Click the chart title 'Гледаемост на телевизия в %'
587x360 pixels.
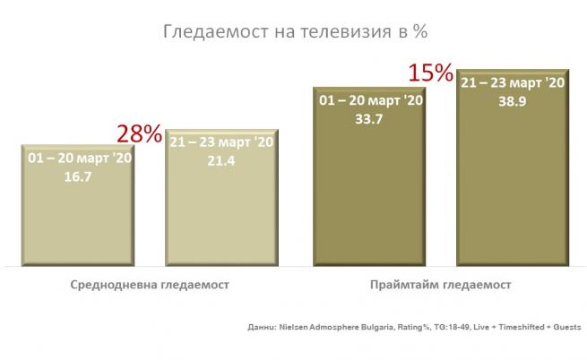click(293, 33)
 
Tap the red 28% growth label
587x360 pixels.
click(139, 135)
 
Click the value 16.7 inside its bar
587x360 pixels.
click(79, 177)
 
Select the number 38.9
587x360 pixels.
click(513, 103)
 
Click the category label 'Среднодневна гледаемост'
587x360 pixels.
click(150, 285)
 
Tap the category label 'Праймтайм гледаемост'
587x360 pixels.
click(440, 285)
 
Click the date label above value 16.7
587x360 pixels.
click(79, 159)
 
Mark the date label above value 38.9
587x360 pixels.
click(513, 83)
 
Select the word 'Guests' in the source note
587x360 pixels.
click(565, 328)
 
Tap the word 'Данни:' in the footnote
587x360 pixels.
click(261, 328)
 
